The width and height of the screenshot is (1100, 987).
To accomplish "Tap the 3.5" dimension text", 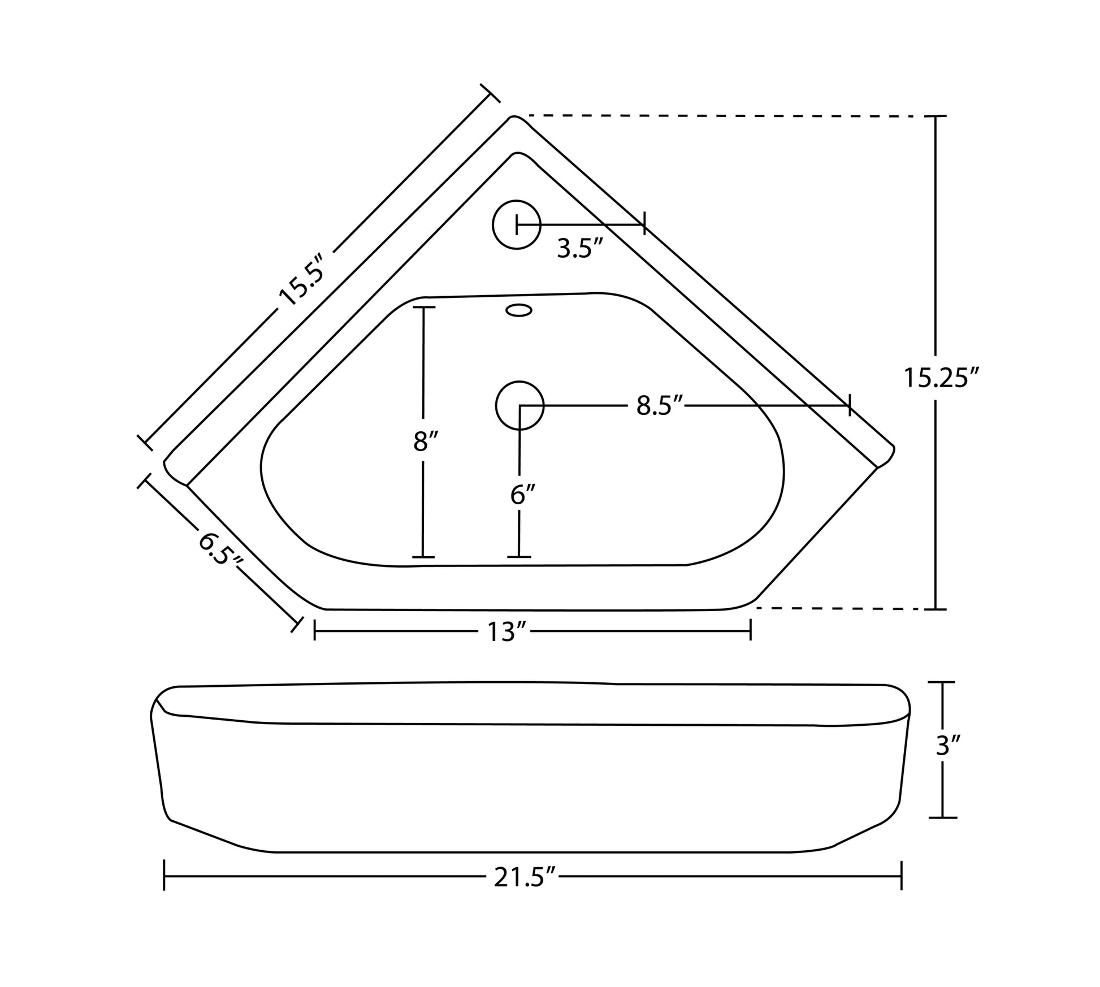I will (580, 249).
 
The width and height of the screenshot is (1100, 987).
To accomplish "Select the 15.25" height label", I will (941, 378).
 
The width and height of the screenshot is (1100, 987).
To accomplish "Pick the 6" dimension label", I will (522, 495).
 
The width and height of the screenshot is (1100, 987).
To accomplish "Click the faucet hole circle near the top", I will (517, 224).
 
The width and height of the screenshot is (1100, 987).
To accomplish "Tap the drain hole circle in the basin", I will (519, 405).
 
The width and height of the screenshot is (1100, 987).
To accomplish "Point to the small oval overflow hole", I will (518, 310).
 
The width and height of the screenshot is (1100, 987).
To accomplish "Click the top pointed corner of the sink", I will (513, 118).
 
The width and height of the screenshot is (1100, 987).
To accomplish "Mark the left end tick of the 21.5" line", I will (164, 876).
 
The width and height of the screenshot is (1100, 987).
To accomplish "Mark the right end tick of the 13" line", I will (751, 629).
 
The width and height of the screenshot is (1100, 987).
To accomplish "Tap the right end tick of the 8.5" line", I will (850, 405).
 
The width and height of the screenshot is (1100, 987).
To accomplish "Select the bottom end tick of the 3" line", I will (942, 817).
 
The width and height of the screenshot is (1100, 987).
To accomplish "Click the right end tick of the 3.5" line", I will (644, 224).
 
